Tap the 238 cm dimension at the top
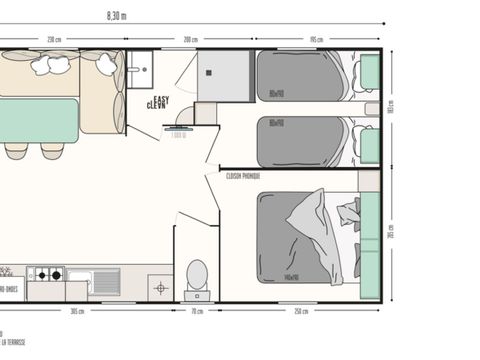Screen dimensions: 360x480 (55, 40)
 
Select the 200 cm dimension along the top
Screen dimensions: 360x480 (190, 40)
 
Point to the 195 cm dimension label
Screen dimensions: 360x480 (316, 40)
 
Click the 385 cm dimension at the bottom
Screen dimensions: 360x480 (76, 311)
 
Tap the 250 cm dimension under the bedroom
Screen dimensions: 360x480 (301, 311)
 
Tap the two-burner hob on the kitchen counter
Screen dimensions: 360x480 (46, 273)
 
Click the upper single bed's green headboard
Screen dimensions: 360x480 (370, 71)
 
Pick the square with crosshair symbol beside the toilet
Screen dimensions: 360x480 (161, 287)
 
